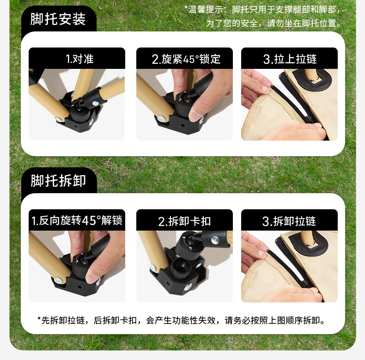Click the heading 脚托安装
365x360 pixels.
58,19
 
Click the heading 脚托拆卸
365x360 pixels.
58,181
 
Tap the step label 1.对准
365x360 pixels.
79,59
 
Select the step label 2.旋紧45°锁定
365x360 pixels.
186,59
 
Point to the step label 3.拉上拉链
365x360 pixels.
290,59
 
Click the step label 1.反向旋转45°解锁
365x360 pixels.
77,220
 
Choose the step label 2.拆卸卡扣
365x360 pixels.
184,221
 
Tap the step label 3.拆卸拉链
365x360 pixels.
289,221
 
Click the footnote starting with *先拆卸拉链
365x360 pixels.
181,320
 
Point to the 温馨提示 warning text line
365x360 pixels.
263,10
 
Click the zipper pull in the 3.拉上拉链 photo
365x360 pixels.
309,119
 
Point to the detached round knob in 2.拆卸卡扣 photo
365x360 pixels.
188,245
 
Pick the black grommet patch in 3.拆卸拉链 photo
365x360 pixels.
308,242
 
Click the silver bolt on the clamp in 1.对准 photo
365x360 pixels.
95,103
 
